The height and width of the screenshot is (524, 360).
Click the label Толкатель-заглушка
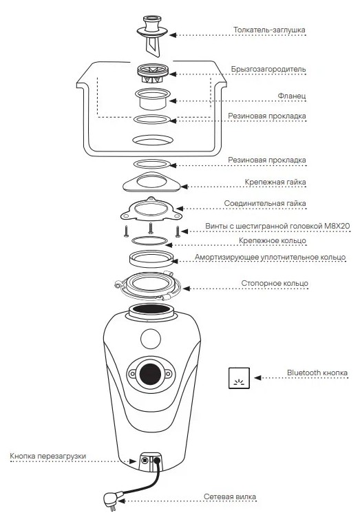pyautogui.click(x=269, y=30)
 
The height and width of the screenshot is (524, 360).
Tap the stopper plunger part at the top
pyautogui.click(x=152, y=35)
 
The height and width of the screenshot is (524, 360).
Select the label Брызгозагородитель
pyautogui.click(x=268, y=69)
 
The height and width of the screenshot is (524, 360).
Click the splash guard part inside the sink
pyautogui.click(x=152, y=74)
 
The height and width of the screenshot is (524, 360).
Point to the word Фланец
pyautogui.click(x=292, y=96)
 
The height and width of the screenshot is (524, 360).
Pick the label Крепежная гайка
pyautogui.click(x=275, y=182)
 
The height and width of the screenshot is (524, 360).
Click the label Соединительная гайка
pyautogui.click(x=265, y=203)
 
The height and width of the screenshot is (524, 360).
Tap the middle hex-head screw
pyautogui.click(x=151, y=228)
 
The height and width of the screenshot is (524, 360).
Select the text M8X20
pyautogui.click(x=337, y=226)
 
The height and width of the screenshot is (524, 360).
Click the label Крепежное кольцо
pyautogui.click(x=272, y=240)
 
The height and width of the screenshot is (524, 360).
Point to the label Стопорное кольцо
pyautogui.click(x=275, y=284)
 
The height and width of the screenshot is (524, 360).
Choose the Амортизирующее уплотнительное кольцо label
pyautogui.click(x=270, y=258)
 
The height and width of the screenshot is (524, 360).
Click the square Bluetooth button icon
pyautogui.click(x=239, y=378)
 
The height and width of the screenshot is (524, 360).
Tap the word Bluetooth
pyautogui.click(x=303, y=373)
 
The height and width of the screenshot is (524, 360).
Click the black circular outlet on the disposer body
pyautogui.click(x=150, y=374)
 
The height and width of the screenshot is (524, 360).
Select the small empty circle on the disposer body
pyautogui.click(x=151, y=339)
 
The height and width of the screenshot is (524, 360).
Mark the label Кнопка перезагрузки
pyautogui.click(x=47, y=456)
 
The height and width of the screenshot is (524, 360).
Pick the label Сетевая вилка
pyautogui.click(x=230, y=496)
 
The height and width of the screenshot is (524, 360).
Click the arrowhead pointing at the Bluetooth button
pyautogui.click(x=257, y=377)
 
